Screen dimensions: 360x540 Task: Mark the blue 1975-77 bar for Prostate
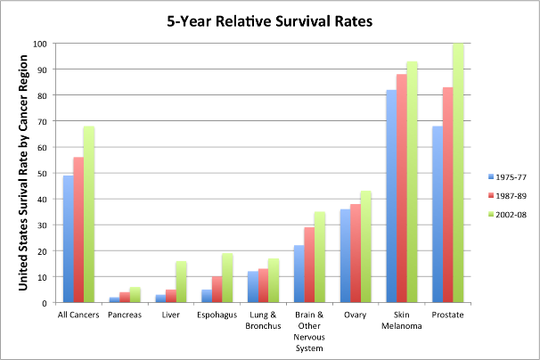(438, 214)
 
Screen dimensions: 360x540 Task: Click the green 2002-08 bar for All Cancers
(90, 214)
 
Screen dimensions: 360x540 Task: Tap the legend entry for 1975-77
(508, 175)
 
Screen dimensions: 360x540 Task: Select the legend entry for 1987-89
(508, 192)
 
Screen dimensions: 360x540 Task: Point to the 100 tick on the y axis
(41, 44)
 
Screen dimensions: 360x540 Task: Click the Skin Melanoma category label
(400, 320)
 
